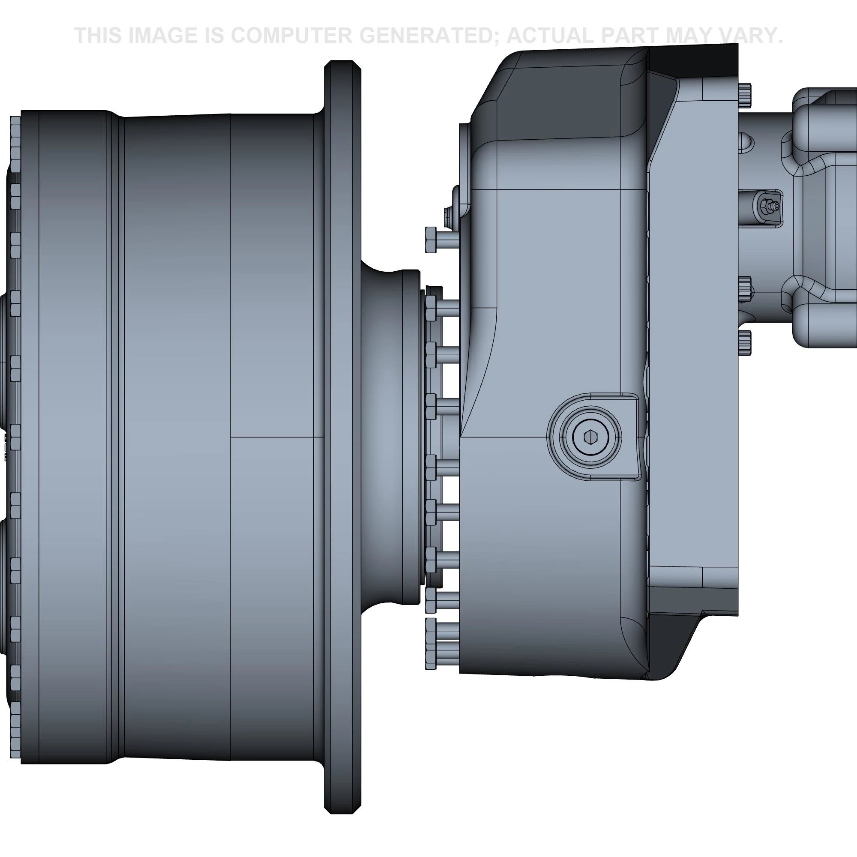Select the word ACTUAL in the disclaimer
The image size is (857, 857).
550,36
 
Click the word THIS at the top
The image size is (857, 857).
98,36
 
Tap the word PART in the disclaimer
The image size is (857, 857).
631,36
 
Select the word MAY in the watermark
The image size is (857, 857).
689,36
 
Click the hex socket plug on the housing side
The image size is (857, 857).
590,437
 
